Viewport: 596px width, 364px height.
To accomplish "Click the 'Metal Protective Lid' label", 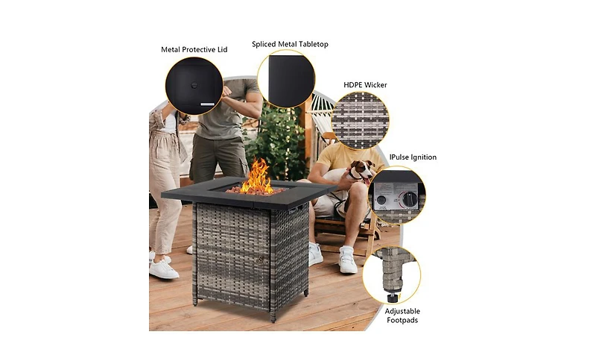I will click(x=194, y=49).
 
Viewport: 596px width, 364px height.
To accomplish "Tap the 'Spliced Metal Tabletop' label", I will click(x=290, y=44).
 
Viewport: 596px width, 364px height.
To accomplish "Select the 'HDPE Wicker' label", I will click(x=365, y=85).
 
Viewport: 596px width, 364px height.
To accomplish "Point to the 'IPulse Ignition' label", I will click(x=413, y=157).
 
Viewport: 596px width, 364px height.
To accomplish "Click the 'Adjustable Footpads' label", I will click(x=402, y=316).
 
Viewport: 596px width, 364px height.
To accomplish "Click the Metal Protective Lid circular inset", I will click(x=194, y=86).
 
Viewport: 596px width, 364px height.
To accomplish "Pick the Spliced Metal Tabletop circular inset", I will click(x=286, y=79).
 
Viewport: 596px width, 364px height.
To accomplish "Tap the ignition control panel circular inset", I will click(x=397, y=195).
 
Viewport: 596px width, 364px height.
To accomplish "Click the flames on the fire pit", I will click(x=258, y=178).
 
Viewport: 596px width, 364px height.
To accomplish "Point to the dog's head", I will click(x=363, y=171).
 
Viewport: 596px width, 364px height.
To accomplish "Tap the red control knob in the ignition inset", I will click(x=408, y=199).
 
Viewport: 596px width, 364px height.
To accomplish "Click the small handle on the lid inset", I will click(x=194, y=86).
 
